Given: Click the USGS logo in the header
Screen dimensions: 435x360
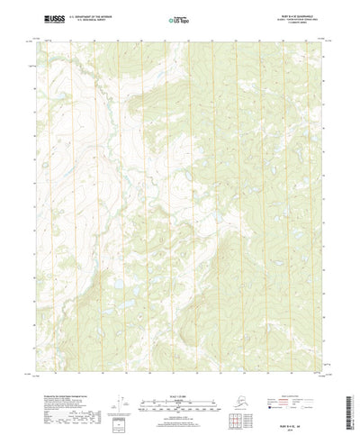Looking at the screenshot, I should tap(53, 16).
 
